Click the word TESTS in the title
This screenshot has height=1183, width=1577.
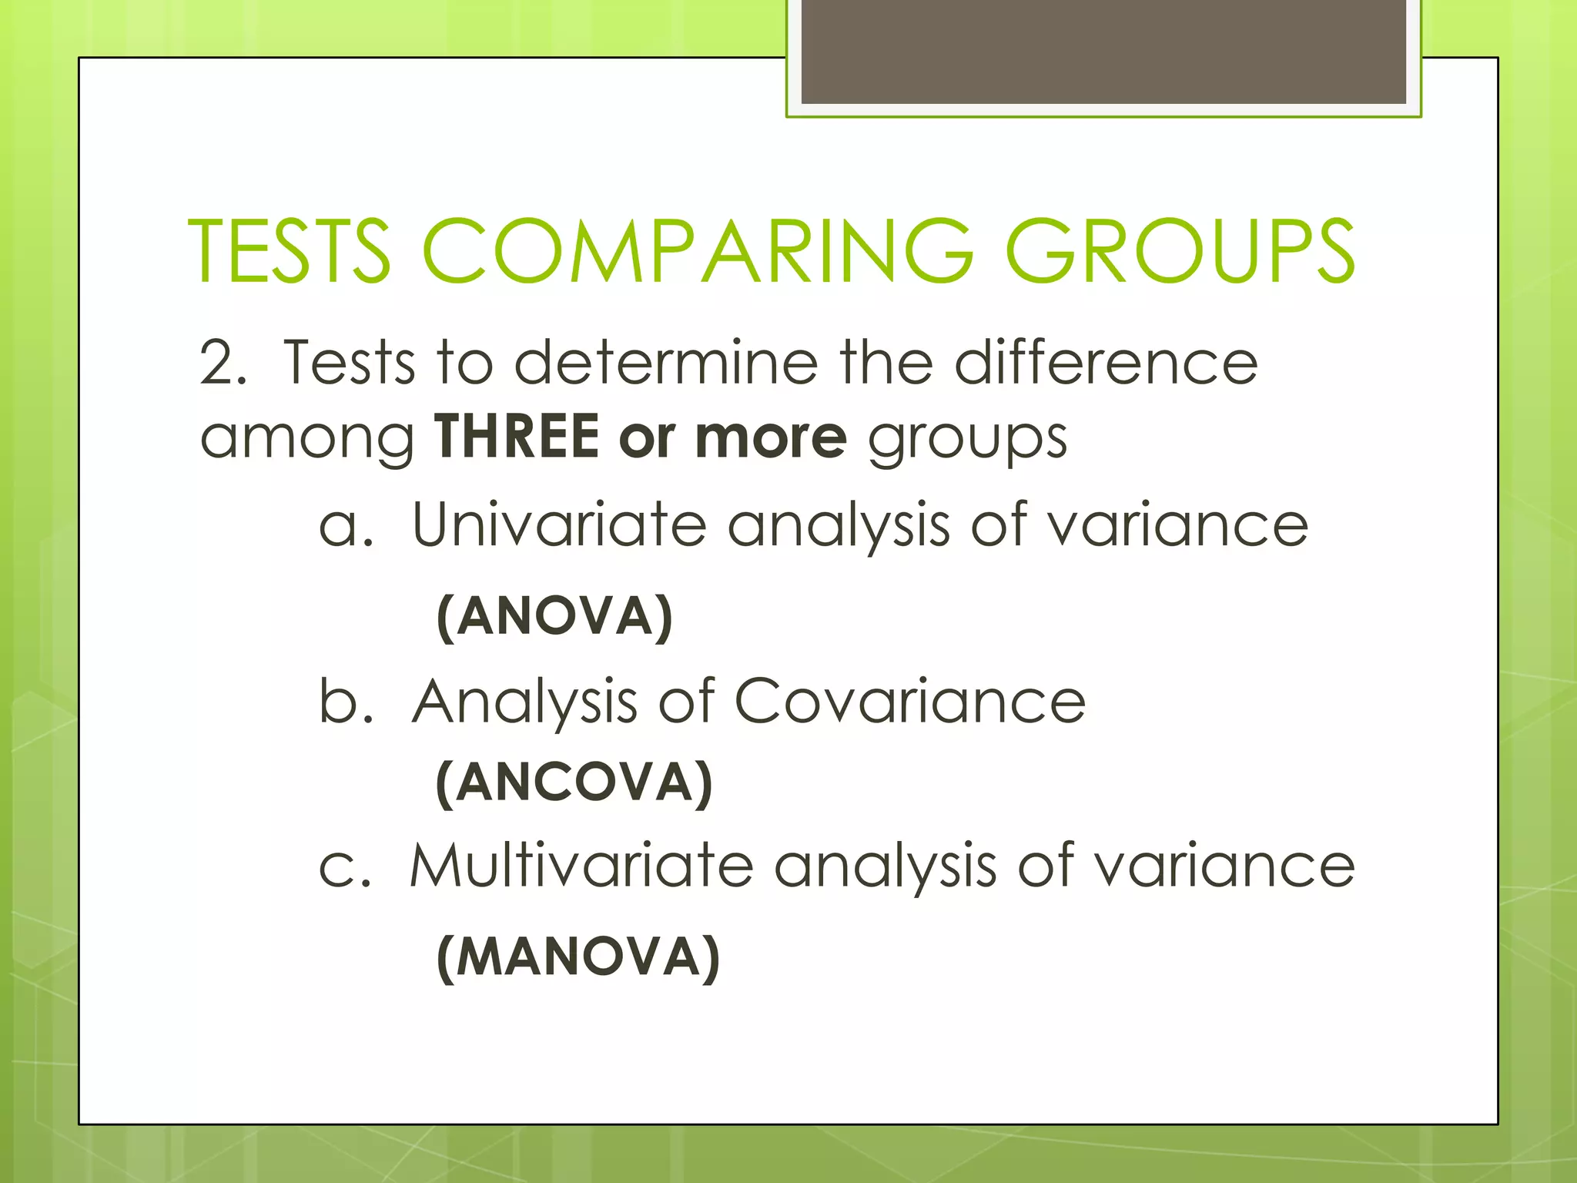tap(289, 251)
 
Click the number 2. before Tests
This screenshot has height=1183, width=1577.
tap(223, 362)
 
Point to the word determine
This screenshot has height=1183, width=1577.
tap(666, 362)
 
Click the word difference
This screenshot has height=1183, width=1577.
tap(1106, 362)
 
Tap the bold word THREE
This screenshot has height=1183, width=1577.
tap(517, 437)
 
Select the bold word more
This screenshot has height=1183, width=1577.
tap(771, 437)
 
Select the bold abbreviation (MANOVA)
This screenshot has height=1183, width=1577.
tap(578, 957)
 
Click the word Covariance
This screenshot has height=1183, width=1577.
tap(909, 702)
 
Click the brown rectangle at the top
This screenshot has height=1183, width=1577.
tap(1103, 52)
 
